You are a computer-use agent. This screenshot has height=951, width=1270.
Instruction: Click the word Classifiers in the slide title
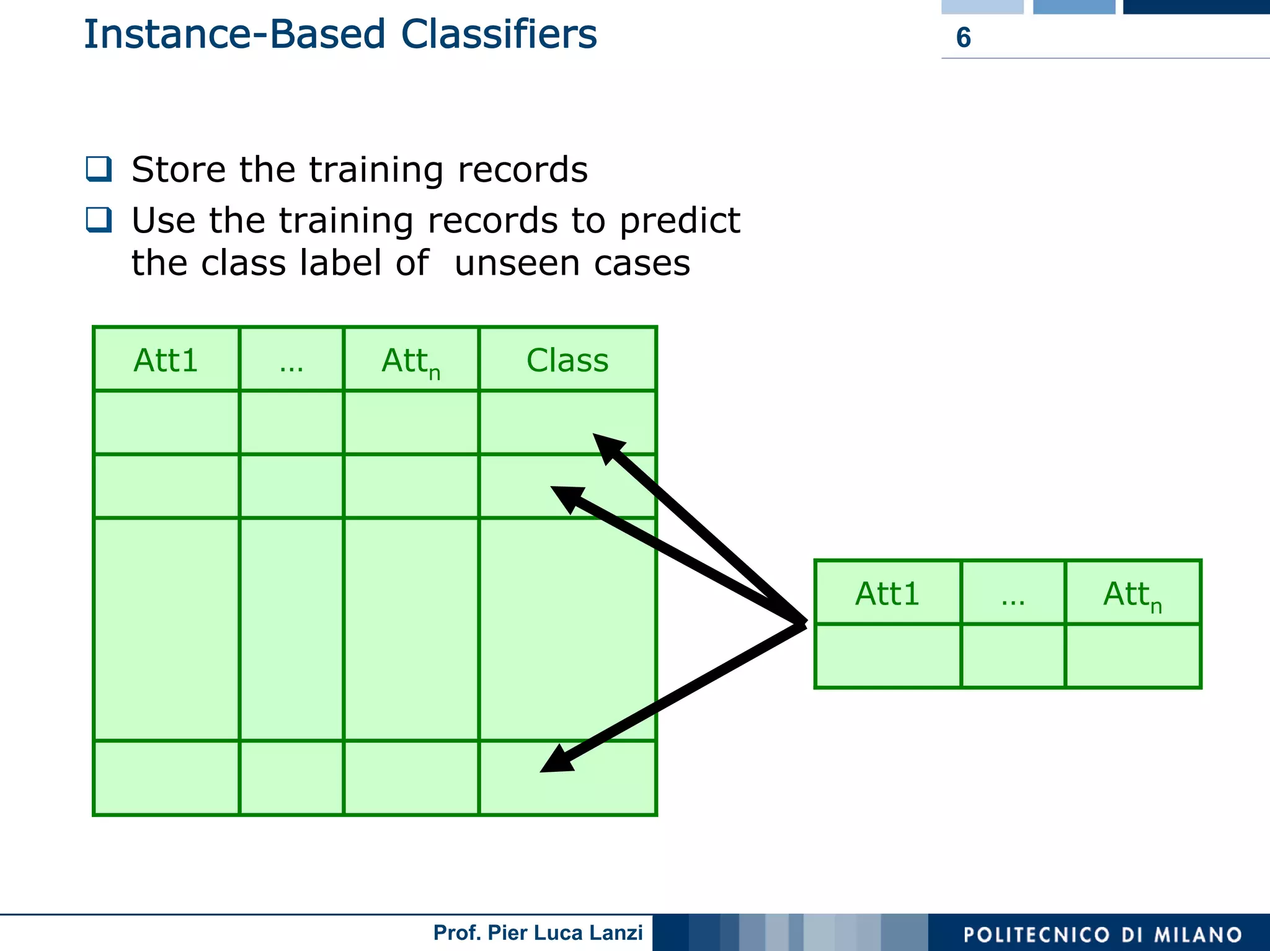coord(499,34)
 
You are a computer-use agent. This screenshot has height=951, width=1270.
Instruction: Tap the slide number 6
coord(963,38)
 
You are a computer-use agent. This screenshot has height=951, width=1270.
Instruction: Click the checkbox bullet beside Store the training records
coord(99,169)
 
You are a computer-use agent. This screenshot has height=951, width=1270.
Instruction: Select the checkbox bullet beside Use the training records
coord(99,219)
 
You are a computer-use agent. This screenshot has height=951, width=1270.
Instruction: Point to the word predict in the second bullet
coord(680,221)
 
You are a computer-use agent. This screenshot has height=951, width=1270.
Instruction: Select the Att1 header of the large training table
coord(166,360)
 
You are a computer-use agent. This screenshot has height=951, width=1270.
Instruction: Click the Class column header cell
coord(567,360)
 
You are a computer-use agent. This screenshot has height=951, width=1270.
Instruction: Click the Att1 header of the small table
coord(887,594)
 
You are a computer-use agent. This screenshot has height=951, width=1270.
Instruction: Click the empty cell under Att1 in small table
coord(887,656)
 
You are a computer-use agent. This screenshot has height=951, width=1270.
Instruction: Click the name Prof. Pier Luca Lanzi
coord(538,932)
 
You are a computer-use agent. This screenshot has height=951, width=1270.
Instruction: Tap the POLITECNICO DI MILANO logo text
coord(1102,934)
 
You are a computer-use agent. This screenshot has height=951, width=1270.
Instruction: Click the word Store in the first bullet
coord(179,169)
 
